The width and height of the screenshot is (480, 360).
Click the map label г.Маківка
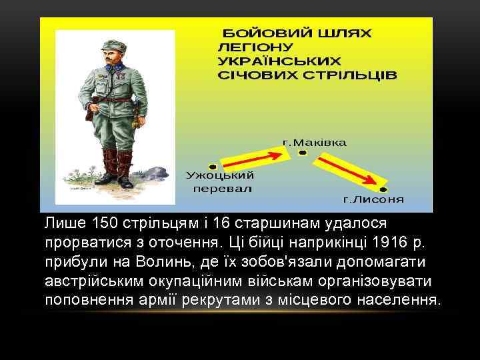coord(315,143)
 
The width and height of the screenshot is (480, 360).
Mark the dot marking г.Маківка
coord(302,153)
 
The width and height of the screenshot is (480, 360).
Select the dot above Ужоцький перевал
coord(213,166)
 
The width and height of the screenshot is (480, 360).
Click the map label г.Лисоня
coord(373,199)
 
